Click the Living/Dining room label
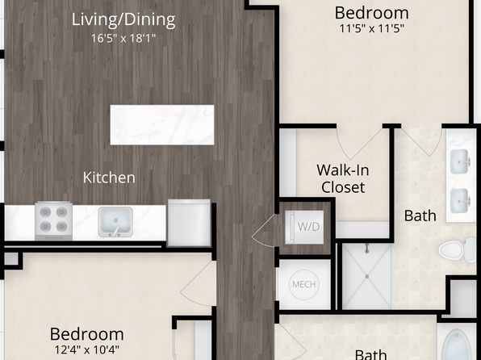click(123, 19)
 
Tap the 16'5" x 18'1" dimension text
click(123, 39)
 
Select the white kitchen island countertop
click(162, 125)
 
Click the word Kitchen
click(109, 178)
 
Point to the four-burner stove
click(54, 220)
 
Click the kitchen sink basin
click(115, 222)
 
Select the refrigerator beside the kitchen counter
click(189, 223)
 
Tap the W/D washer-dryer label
click(308, 227)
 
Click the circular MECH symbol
click(304, 284)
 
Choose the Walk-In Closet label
click(343, 178)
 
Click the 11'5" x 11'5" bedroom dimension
click(371, 29)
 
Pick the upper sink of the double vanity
click(459, 161)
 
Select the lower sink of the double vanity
click(459, 201)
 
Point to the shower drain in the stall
click(367, 276)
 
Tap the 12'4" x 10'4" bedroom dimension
click(87, 350)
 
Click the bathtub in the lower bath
click(457, 345)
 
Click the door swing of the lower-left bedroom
click(198, 284)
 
